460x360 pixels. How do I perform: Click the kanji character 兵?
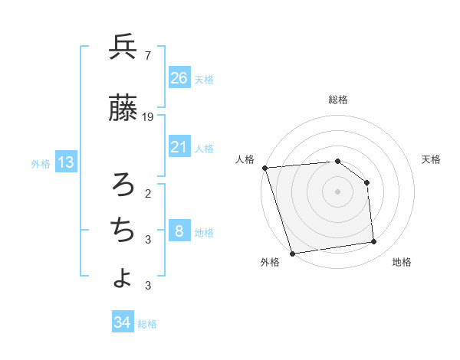(x=123, y=47)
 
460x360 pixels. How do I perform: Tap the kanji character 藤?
(x=123, y=109)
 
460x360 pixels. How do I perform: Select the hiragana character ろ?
(x=123, y=184)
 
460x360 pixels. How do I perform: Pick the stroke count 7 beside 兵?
(x=148, y=56)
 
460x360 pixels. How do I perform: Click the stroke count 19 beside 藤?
(x=148, y=117)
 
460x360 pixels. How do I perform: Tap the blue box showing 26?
(x=179, y=77)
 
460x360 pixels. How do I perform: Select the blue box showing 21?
(x=179, y=146)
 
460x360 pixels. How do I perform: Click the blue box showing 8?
(x=179, y=231)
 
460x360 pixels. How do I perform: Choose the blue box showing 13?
(x=66, y=162)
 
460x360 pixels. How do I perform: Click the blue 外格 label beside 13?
(x=41, y=163)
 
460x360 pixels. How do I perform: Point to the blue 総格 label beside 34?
(x=147, y=324)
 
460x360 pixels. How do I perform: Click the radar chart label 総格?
(x=338, y=100)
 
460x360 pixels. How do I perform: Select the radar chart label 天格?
(x=431, y=159)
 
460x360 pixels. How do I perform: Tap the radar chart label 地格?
(x=402, y=262)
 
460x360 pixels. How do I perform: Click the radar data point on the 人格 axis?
(x=264, y=168)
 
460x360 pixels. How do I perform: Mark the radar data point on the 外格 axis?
(x=292, y=253)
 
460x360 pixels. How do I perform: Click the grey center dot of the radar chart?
(x=338, y=191)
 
